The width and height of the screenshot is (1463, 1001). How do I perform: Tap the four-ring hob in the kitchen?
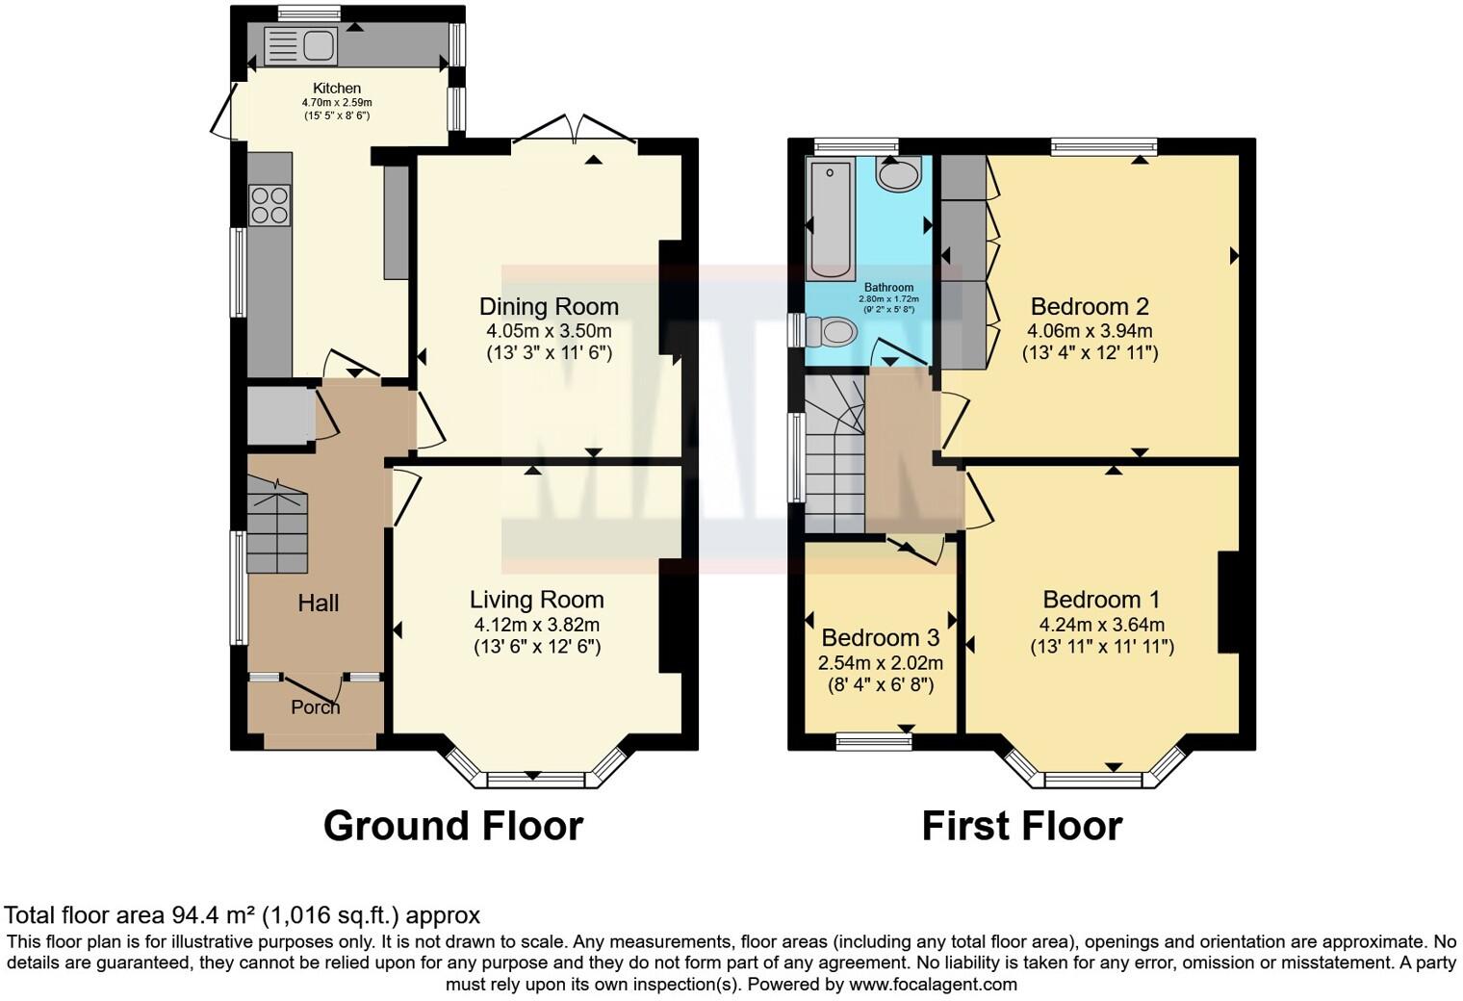tap(269, 204)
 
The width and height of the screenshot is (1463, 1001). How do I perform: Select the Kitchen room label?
tap(337, 89)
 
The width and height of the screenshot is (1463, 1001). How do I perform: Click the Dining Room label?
tap(549, 307)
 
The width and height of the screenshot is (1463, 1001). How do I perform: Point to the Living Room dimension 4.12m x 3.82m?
tap(537, 625)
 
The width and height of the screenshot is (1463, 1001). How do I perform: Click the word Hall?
tap(318, 603)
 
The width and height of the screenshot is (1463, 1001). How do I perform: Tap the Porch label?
tap(315, 707)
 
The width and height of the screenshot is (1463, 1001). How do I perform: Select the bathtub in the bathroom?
tap(830, 218)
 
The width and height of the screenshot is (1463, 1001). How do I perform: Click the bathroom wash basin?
tap(899, 174)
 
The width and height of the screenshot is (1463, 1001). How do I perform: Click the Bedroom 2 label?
tap(1090, 307)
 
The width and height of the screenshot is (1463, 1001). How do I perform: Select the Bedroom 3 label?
tap(880, 638)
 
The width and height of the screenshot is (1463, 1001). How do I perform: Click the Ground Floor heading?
tap(452, 826)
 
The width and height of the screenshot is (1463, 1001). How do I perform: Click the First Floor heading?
tap(1021, 826)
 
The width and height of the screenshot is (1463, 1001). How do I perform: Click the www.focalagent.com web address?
tap(933, 985)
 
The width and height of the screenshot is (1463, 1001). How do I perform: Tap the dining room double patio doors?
tap(576, 129)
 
